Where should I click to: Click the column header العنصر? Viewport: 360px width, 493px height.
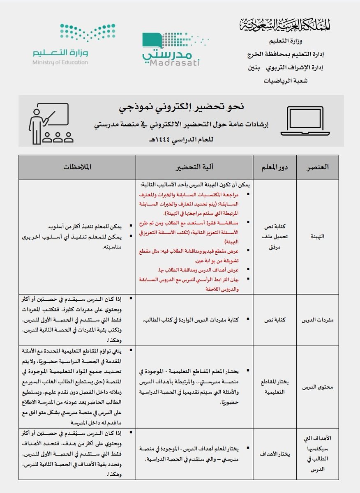point(318,167)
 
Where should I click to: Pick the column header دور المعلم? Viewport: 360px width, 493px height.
point(275,167)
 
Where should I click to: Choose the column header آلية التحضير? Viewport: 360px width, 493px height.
point(194,167)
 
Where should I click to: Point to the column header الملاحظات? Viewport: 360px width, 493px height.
point(77,167)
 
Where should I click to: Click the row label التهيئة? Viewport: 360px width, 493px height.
point(318,237)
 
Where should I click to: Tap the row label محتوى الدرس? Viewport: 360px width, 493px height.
point(318,387)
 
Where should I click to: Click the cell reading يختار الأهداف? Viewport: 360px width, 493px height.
point(275,454)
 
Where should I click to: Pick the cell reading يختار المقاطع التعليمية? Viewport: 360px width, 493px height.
point(275,387)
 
